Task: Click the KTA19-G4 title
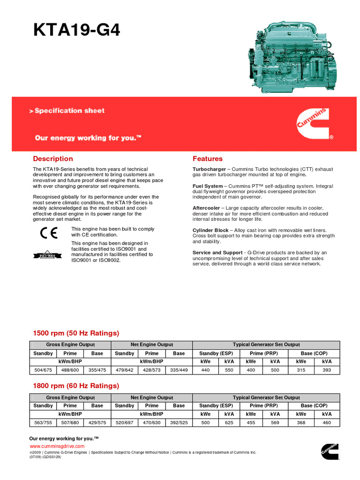[x=76, y=30]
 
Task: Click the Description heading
[x=53, y=159]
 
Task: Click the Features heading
[x=208, y=159]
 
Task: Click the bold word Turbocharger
[x=209, y=169]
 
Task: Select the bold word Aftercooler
[x=206, y=208]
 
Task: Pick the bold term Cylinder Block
[x=210, y=231]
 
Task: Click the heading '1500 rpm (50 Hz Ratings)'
[x=76, y=333]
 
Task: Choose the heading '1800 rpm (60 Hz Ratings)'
[x=76, y=386]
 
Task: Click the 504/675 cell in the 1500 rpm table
[x=43, y=370]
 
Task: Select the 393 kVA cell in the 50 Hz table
[x=327, y=370]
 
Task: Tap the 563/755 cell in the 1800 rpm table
[x=43, y=423]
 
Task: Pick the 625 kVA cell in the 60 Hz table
[x=229, y=423]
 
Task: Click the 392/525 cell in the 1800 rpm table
[x=179, y=423]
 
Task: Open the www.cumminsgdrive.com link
[x=57, y=446]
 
